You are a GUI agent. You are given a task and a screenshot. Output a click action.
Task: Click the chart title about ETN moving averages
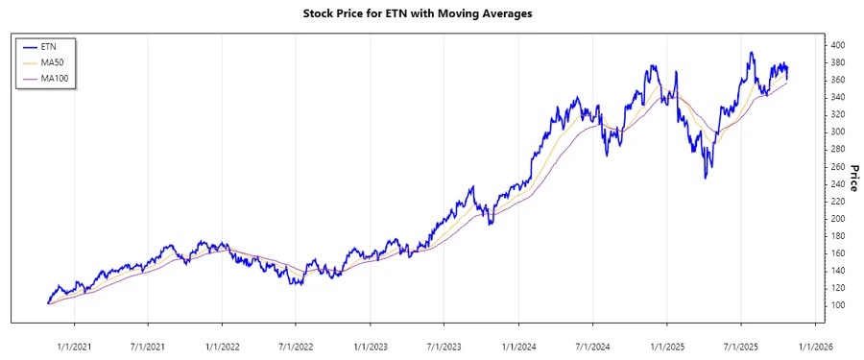tap(430, 13)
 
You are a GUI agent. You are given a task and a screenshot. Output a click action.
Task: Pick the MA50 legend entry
tap(53, 62)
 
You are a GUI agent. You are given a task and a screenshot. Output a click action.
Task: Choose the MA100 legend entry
tap(55, 78)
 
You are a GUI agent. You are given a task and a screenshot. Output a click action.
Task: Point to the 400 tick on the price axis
tap(837, 45)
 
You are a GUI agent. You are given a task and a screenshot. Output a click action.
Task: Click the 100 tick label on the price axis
tap(837, 305)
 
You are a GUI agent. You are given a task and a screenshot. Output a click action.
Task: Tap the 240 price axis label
tap(837, 184)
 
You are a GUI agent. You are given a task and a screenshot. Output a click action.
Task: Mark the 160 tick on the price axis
tap(837, 253)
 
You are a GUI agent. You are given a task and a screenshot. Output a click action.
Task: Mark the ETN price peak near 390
tap(752, 53)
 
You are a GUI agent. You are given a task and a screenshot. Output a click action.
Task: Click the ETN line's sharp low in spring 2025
tap(706, 178)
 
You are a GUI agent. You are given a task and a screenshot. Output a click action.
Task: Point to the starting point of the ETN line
tap(48, 303)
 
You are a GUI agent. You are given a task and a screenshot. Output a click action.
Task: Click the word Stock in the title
tap(321, 13)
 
